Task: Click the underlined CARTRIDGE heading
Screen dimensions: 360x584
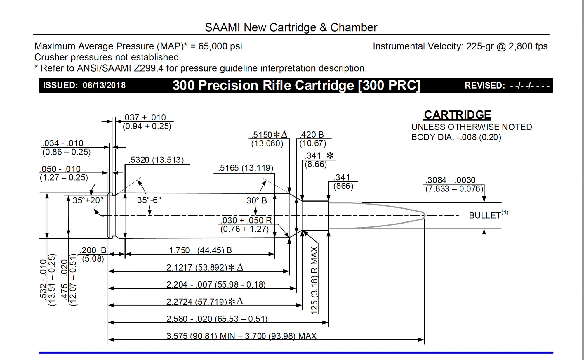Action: click(457, 115)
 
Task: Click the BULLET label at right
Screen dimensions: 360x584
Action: click(485, 216)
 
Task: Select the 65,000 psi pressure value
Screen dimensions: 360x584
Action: click(220, 46)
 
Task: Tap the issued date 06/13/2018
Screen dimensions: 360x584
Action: click(104, 85)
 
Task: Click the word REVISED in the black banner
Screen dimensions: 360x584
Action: click(485, 86)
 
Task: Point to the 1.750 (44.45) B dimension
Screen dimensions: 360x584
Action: click(200, 250)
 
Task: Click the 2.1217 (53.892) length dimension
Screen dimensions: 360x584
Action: click(197, 267)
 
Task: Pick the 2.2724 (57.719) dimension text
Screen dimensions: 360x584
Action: click(197, 302)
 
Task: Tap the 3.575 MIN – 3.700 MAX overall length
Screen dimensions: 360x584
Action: click(241, 336)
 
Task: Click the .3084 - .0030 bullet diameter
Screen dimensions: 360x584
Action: click(451, 180)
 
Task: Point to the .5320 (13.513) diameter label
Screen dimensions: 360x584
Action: click(157, 160)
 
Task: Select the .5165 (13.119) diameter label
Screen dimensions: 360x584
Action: click(246, 168)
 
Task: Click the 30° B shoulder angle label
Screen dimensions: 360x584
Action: click(256, 200)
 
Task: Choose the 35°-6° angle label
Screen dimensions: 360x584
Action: click(149, 200)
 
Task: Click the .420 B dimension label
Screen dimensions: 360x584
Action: click(312, 135)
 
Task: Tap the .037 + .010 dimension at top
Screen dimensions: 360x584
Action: click(145, 117)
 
